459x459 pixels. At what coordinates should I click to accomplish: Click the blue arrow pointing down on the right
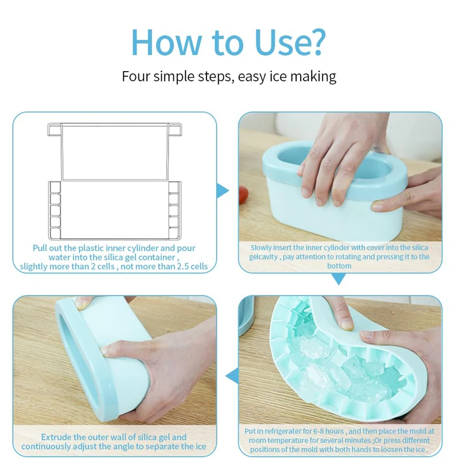pos(339,279)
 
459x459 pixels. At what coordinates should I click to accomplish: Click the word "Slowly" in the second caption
pos(262,248)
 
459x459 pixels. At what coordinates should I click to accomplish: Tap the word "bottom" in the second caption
pos(340,266)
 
